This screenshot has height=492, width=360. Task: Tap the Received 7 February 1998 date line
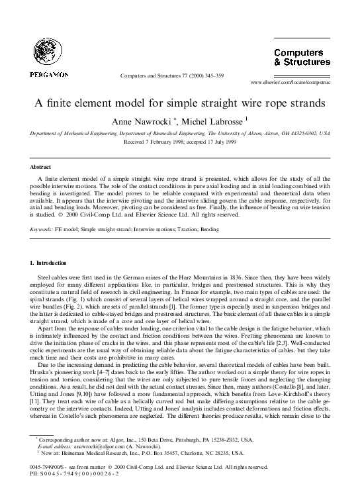click(x=179, y=141)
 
